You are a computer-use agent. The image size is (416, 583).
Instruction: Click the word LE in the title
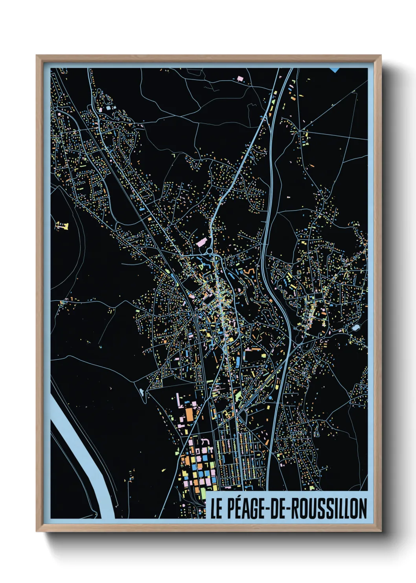(x=216, y=509)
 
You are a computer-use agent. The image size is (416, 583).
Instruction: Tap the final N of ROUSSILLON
(x=363, y=509)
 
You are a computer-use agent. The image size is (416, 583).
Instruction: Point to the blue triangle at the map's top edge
(x=335, y=70)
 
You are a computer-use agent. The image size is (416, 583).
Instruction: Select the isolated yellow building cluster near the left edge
(x=62, y=226)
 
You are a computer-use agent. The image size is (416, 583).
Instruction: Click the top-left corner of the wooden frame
(x=37, y=56)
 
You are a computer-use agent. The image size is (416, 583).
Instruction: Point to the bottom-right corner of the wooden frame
(x=381, y=531)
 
